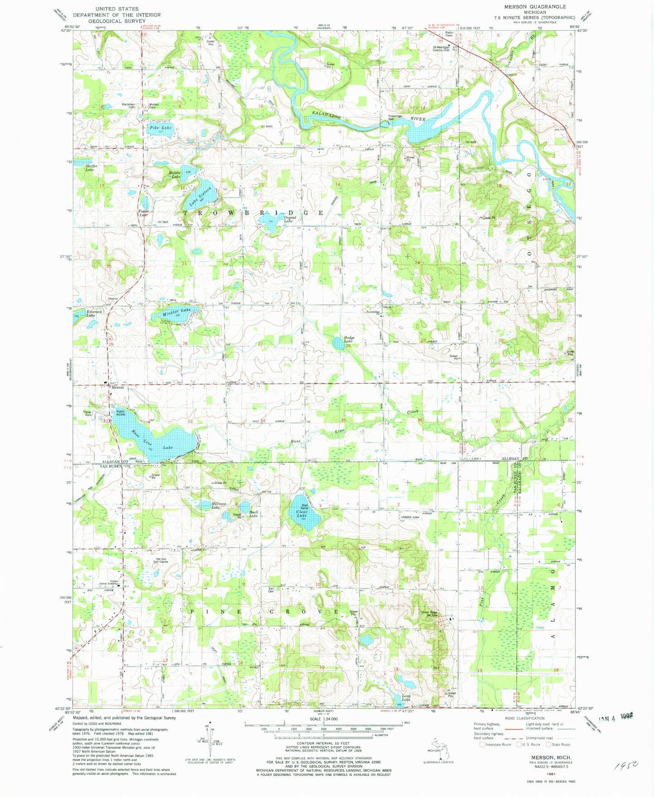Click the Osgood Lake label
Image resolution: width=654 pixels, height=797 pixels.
coord(289,220)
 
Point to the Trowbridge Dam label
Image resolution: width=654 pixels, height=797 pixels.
coord(395,118)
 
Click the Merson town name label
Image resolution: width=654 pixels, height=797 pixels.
coord(118,388)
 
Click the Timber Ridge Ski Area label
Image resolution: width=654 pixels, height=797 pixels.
coord(429,614)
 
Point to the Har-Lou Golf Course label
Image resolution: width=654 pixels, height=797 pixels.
coord(162,560)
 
